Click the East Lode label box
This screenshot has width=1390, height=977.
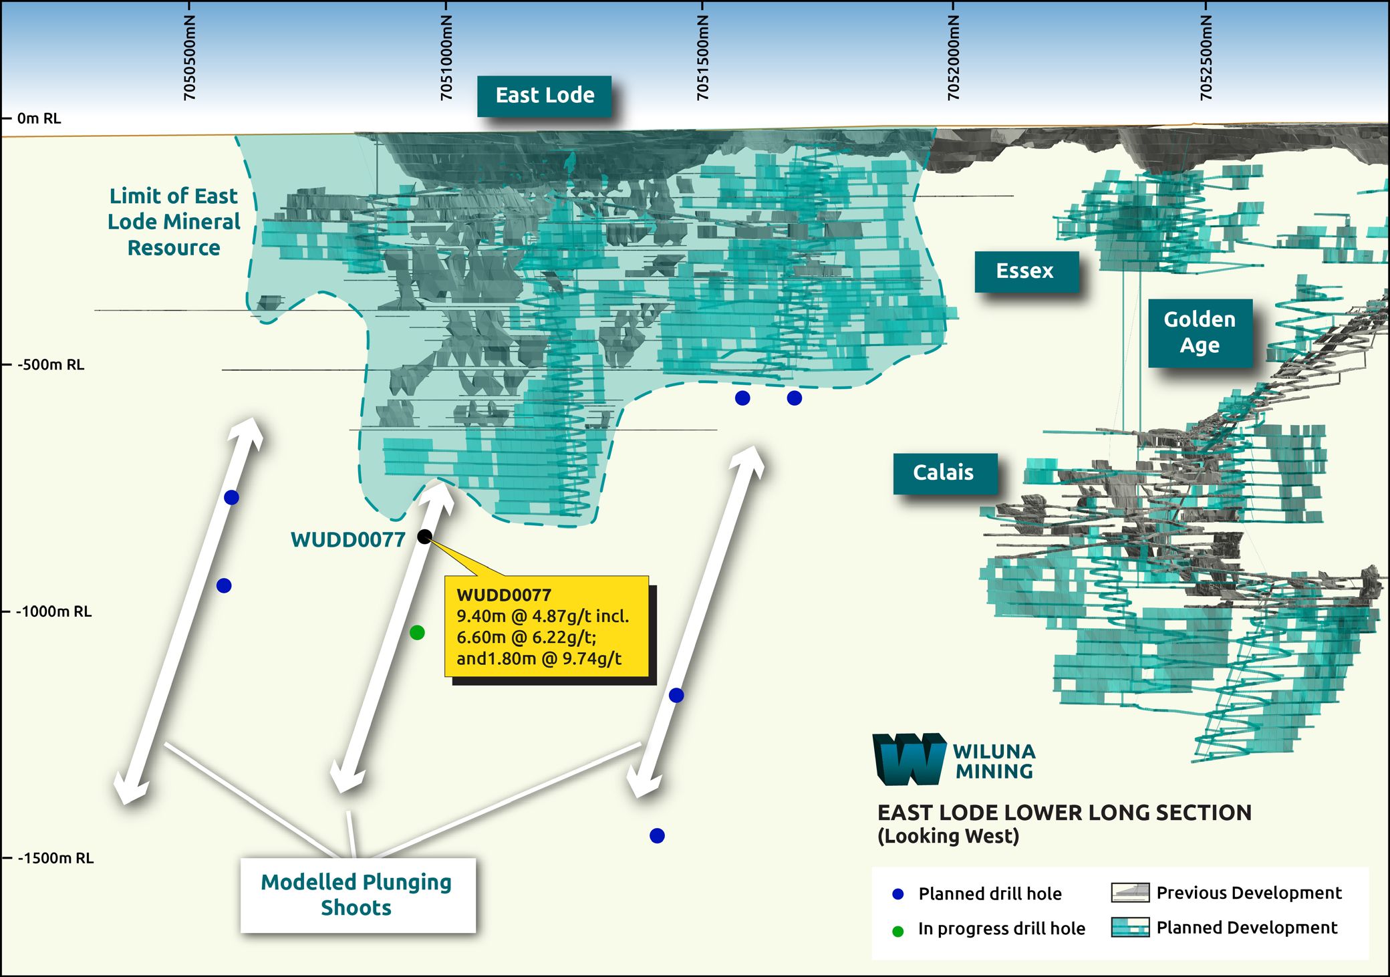545,96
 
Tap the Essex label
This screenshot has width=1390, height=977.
1025,271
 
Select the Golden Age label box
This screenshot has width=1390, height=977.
1200,332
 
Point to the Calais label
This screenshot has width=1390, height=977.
944,472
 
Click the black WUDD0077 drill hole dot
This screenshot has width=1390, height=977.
424,536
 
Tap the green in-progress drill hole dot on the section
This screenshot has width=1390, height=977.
417,632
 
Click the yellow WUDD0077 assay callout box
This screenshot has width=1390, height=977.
546,626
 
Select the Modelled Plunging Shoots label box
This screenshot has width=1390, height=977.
357,895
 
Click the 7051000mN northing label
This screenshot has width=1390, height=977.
446,57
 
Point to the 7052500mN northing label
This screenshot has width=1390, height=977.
1206,57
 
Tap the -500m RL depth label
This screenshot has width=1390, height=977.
51,365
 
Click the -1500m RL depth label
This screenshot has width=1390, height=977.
55,858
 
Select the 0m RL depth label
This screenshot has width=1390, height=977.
39,119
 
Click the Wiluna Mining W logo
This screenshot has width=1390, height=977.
910,759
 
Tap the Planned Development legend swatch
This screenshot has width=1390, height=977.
1130,928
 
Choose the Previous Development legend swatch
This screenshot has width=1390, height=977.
1130,893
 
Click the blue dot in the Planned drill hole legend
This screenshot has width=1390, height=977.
898,894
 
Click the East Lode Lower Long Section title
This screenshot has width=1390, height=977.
1064,813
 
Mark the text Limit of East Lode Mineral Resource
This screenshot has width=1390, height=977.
174,222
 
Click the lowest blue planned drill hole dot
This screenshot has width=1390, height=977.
657,835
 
